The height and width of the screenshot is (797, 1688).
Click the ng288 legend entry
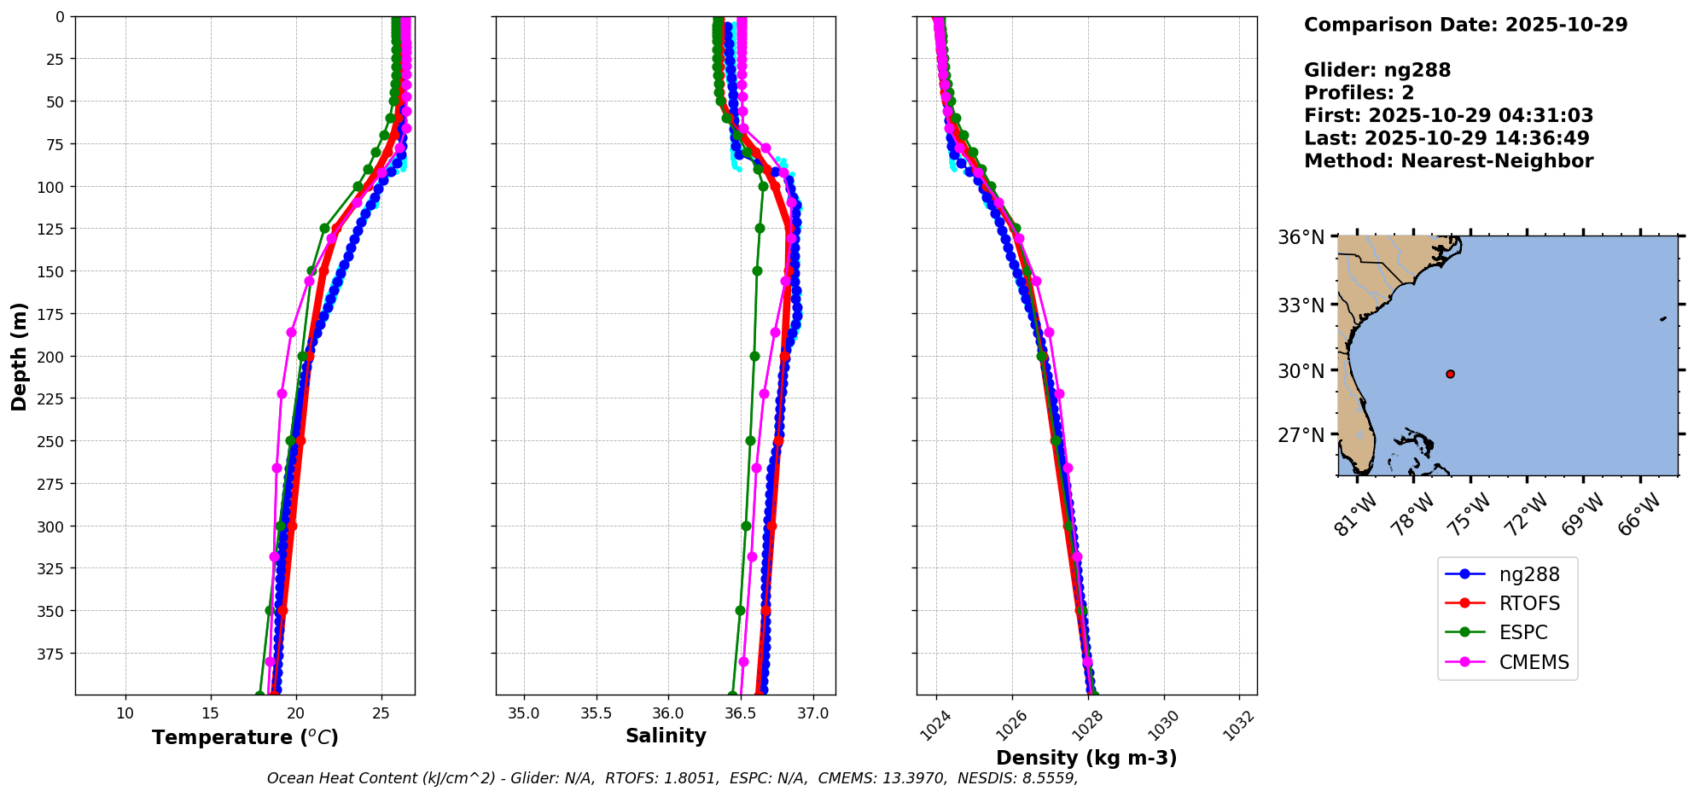1528,574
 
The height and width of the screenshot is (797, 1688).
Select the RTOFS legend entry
1528,603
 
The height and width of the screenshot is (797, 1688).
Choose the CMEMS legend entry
1534,661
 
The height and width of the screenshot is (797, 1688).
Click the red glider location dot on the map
1450,374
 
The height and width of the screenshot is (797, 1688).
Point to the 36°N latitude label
1301,237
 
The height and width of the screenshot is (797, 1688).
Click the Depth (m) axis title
19,356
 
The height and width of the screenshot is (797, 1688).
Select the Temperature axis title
245,737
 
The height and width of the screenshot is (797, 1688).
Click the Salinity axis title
666,736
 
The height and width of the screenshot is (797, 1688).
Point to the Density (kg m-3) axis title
1086,758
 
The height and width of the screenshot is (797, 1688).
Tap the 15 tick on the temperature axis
211,713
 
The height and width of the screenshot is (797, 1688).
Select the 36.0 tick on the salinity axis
667,713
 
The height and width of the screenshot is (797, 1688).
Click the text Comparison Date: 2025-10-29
1465,25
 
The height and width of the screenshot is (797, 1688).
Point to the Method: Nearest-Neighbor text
1448,161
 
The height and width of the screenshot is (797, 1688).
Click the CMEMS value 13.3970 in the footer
914,778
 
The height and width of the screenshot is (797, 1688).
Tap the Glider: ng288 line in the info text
1377,70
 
